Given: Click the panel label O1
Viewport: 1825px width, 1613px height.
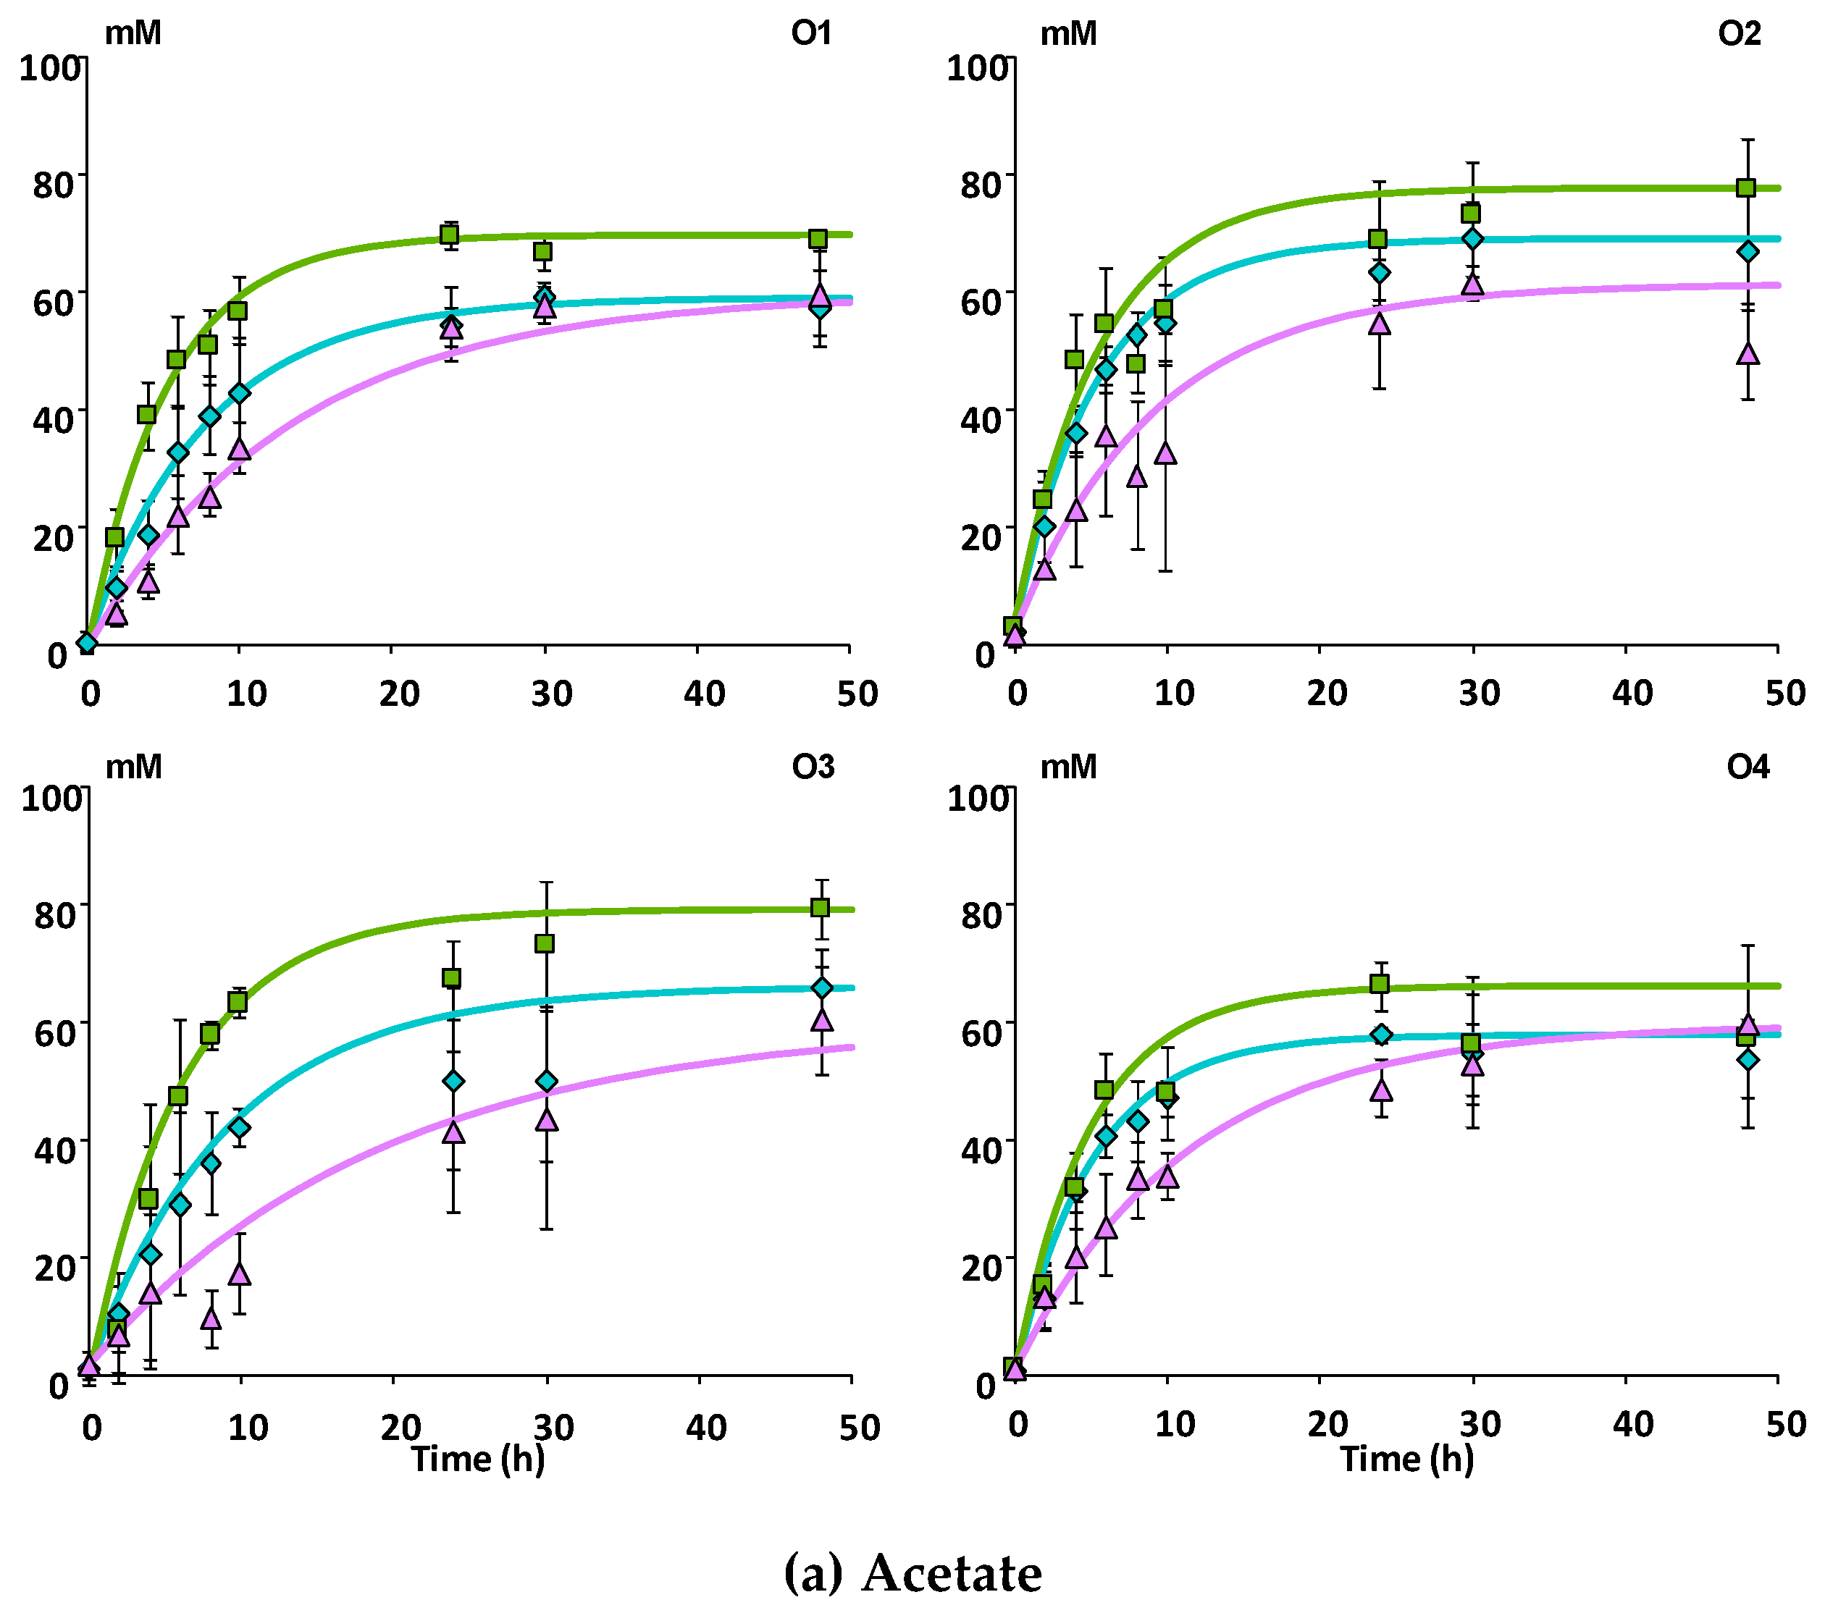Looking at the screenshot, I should click(x=810, y=33).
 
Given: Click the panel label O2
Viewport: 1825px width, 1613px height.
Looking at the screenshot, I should click(x=1738, y=33).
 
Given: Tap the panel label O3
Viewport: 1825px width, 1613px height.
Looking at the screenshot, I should click(x=813, y=766).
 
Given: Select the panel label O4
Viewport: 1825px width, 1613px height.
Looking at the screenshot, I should click(x=1748, y=766).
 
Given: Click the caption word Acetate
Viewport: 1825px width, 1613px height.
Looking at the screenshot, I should click(x=952, y=1573).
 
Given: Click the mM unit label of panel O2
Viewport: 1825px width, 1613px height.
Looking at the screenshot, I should click(x=1068, y=33).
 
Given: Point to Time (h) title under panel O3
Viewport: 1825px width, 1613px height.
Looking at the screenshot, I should click(x=478, y=1457).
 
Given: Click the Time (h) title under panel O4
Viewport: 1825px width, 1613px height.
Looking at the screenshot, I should click(x=1406, y=1457).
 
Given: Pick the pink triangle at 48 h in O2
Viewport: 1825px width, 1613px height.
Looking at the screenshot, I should click(x=1748, y=353).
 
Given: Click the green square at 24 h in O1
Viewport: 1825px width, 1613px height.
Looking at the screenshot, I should click(x=449, y=235).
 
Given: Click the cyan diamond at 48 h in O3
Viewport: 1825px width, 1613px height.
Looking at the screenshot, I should click(x=821, y=988).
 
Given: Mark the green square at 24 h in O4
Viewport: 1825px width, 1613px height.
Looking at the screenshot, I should click(x=1380, y=984).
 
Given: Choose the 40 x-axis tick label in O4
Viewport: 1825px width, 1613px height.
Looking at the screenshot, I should click(x=1632, y=1425).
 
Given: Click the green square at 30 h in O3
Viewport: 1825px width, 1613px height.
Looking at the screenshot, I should click(x=544, y=943).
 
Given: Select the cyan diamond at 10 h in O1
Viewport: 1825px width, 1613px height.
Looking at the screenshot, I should click(x=239, y=393).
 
